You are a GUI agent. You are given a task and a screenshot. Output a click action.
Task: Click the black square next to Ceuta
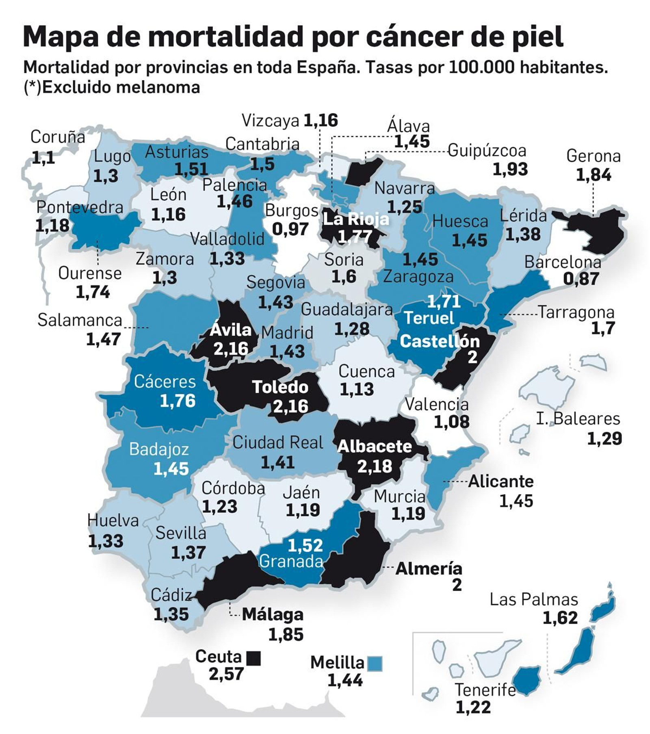click(x=253, y=658)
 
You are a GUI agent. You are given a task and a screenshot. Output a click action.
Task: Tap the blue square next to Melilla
click(x=374, y=664)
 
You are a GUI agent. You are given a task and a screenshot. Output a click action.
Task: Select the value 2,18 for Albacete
click(x=375, y=466)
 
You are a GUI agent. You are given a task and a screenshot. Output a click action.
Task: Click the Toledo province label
click(x=280, y=387)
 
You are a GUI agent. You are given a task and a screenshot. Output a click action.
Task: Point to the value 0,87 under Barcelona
click(x=581, y=279)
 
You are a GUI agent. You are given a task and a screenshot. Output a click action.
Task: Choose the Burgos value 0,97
click(x=290, y=229)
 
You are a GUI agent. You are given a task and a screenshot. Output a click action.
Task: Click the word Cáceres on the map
click(x=165, y=381)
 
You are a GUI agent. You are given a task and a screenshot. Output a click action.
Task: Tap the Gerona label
click(x=593, y=156)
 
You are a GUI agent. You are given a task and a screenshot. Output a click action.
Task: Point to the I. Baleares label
click(x=578, y=419)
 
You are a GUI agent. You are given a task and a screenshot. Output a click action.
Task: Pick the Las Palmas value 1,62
click(x=560, y=618)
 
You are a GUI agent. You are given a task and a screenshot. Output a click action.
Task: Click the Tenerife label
click(x=485, y=690)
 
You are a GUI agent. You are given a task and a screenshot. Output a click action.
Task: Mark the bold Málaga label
click(x=273, y=614)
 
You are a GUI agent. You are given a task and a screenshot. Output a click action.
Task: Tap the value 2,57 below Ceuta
click(x=226, y=674)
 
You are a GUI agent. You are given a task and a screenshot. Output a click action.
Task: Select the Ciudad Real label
click(x=278, y=442)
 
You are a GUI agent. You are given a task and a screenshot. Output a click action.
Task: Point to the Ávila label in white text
click(x=230, y=330)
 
